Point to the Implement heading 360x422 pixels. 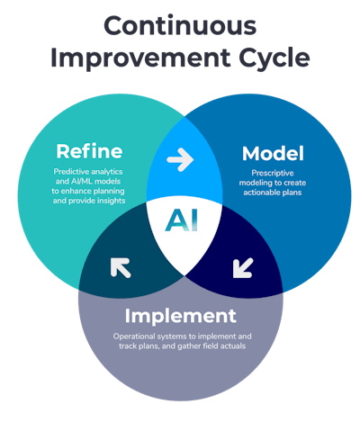pyautogui.click(x=181, y=316)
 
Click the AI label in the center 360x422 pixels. pyautogui.click(x=181, y=220)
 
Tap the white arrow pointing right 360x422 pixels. pyautogui.click(x=181, y=161)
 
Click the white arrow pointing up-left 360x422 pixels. pyautogui.click(x=121, y=267)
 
